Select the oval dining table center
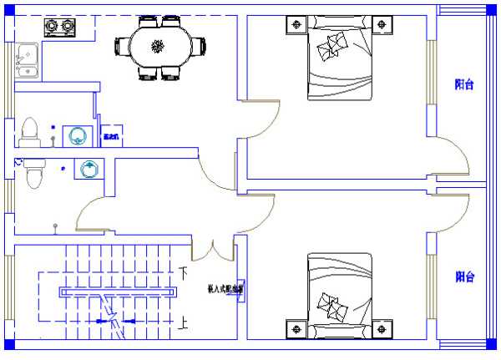(159, 46)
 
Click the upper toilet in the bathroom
(29, 129)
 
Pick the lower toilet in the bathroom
(34, 175)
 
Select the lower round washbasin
(89, 170)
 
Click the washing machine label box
(111, 134)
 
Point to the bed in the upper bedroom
(338, 58)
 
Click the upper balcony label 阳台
(464, 84)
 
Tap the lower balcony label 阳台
(464, 276)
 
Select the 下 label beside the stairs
(184, 272)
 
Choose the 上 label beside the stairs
(184, 322)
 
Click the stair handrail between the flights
(117, 292)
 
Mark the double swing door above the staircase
(213, 249)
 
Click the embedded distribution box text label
(225, 291)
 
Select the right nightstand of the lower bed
(382, 328)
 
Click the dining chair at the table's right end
(200, 46)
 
